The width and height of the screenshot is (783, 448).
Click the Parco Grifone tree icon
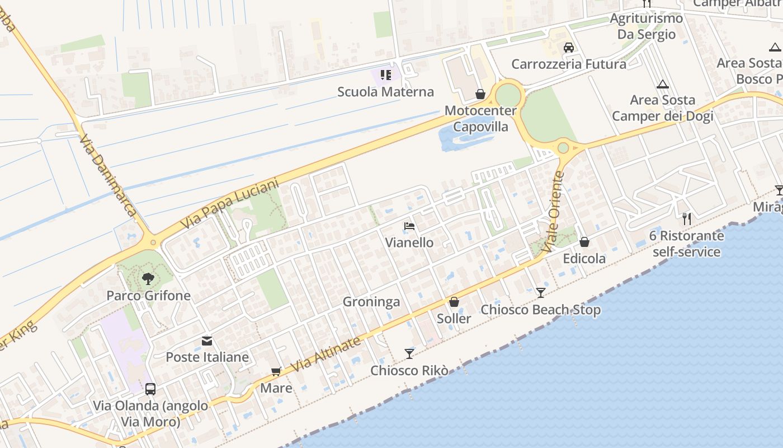(x=148, y=278)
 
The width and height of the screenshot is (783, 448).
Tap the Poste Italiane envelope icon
(x=207, y=340)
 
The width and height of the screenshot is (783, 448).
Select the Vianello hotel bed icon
(x=409, y=226)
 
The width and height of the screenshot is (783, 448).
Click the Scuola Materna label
(x=385, y=92)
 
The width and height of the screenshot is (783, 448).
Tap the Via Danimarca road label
(x=107, y=175)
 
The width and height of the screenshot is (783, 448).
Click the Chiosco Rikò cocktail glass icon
(x=409, y=353)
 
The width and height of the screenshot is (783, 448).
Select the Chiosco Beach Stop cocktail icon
(x=540, y=292)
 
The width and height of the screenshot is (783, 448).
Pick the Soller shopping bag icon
(x=454, y=302)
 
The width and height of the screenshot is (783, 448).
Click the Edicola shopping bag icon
(x=584, y=242)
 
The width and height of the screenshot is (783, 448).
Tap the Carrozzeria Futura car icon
(x=569, y=48)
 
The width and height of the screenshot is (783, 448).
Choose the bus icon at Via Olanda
(x=150, y=389)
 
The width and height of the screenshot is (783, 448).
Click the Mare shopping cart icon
(x=276, y=371)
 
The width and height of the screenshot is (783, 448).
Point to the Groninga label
(x=371, y=302)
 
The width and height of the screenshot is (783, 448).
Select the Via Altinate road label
(x=326, y=354)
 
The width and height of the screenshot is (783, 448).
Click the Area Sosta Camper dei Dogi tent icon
(x=663, y=85)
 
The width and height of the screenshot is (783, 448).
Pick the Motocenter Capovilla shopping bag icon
(x=480, y=94)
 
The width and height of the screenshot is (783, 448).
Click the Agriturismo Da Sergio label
(x=646, y=26)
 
